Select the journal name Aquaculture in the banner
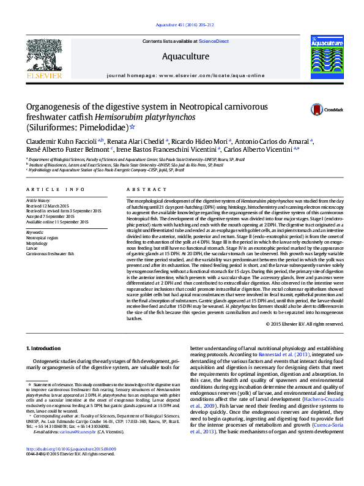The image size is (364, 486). click(x=185, y=57)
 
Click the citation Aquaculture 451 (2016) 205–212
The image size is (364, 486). click(x=185, y=25)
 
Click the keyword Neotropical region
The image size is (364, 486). click(x=43, y=237)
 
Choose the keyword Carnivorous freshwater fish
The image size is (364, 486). click(x=50, y=253)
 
